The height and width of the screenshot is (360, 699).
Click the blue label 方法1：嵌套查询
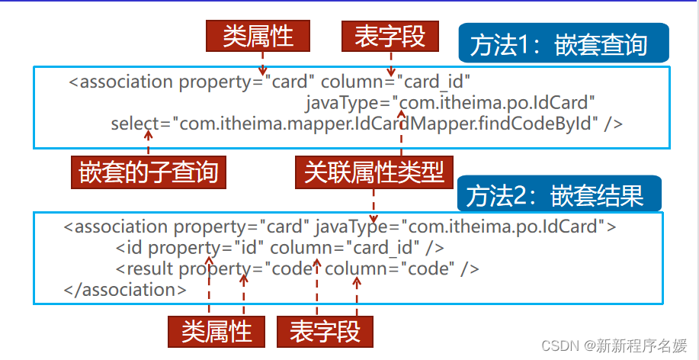click(564, 44)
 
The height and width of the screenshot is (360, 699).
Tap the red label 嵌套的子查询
click(149, 172)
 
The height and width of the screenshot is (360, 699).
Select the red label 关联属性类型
click(374, 172)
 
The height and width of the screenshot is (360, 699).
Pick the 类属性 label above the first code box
click(259, 36)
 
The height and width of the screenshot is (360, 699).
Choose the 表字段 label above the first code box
click(390, 36)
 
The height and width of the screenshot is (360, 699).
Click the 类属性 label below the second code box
click(216, 332)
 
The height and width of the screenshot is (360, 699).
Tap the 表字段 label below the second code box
click(325, 332)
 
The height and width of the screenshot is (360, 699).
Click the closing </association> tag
click(126, 290)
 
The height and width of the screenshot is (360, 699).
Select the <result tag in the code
click(145, 268)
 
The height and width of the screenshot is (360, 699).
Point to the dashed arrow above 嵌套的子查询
click(148, 143)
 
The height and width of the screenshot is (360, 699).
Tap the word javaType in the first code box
click(345, 102)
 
